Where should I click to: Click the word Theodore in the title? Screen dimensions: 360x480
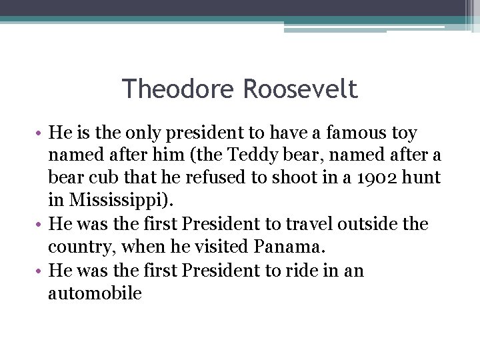click(179, 88)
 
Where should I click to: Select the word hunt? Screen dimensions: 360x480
click(424, 179)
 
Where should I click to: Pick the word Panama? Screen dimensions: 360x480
click(289, 247)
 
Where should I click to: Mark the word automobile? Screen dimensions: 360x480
click(95, 293)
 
